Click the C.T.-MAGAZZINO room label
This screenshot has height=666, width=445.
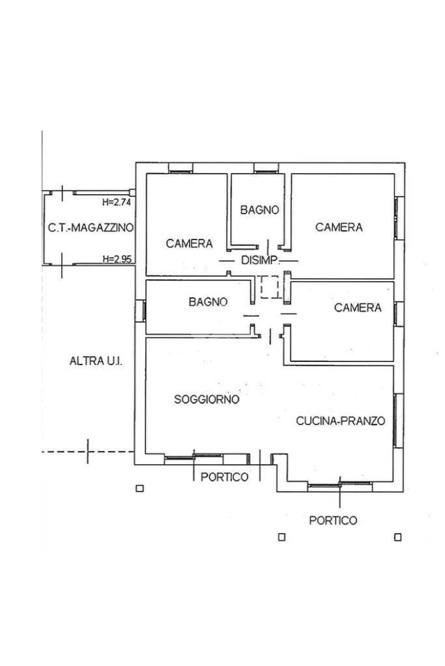coord(90,228)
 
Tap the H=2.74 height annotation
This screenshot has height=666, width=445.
coord(117,202)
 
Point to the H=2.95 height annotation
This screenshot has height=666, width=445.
coord(117,259)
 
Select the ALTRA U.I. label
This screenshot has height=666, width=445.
coord(96,361)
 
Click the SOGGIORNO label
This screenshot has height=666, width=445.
coord(207,399)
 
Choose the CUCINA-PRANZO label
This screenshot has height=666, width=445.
coord(340,421)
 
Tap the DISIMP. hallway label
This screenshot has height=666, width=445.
coord(261,260)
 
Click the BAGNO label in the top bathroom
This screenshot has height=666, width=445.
coord(259,210)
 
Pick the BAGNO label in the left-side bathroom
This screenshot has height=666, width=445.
coord(208,301)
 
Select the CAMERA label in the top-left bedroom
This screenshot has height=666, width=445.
coord(189,243)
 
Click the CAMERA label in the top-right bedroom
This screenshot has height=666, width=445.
coord(339,227)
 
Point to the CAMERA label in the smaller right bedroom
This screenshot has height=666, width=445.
coord(358,307)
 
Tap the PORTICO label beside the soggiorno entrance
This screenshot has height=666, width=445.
coord(224,477)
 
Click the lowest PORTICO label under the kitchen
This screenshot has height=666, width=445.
coord(333,520)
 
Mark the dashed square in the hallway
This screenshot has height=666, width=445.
coord(269,287)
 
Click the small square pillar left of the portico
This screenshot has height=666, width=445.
coord(139,489)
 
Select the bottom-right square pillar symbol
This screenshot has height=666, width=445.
coord(397,537)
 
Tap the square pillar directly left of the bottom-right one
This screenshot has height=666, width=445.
coord(281,537)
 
